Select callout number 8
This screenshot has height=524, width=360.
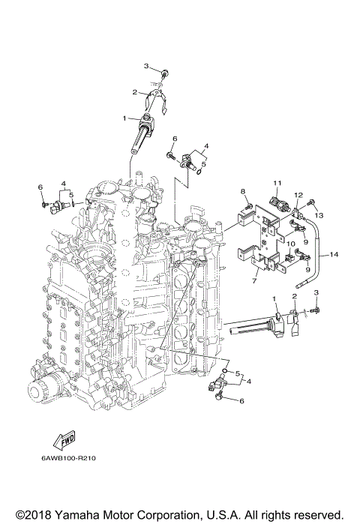[243, 193]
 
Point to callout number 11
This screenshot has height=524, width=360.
[277, 183]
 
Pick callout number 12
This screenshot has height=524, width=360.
[298, 195]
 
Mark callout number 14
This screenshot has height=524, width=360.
[334, 255]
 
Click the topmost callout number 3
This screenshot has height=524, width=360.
[147, 66]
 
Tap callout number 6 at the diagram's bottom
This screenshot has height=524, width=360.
[242, 401]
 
